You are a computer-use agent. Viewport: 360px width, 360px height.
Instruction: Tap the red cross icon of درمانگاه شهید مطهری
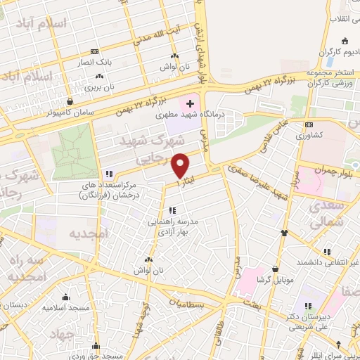(x=189, y=103)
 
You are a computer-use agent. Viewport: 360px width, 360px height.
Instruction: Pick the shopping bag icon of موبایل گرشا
(x=275, y=268)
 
